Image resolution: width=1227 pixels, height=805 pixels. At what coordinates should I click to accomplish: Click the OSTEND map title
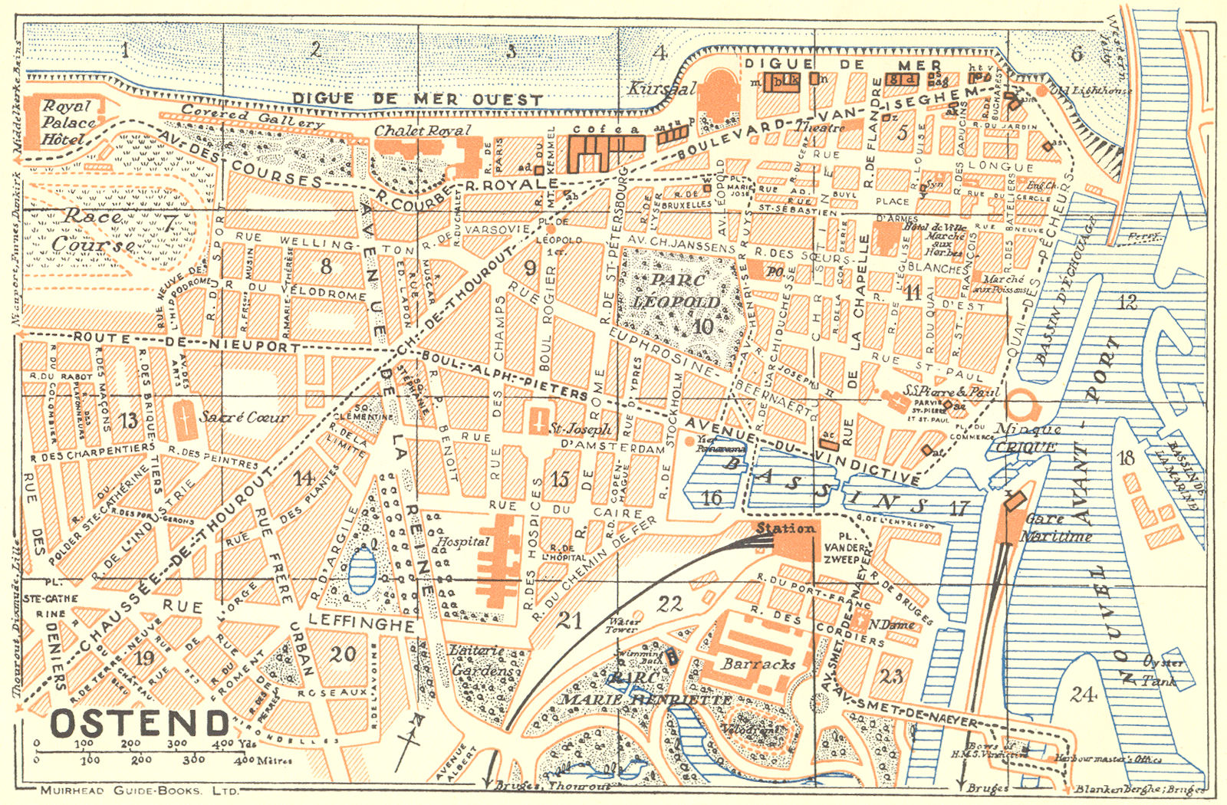(x=140, y=723)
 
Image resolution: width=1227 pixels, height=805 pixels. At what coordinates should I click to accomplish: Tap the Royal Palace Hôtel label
(x=69, y=123)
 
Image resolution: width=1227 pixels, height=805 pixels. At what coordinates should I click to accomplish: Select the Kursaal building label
(x=662, y=89)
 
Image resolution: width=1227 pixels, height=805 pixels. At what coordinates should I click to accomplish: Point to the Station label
(x=785, y=529)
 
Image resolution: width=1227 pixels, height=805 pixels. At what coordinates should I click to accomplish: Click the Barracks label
(x=758, y=665)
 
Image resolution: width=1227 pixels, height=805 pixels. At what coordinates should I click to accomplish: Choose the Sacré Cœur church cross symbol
(x=184, y=417)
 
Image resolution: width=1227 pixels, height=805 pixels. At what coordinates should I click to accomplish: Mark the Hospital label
(x=463, y=541)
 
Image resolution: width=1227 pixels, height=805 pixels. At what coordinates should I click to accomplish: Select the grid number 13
(x=129, y=420)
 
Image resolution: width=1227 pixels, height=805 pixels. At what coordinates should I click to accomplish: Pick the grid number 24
(x=1084, y=695)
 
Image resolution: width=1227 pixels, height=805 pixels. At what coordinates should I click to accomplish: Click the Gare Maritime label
(x=1057, y=527)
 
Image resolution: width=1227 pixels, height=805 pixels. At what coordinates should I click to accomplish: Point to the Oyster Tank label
(x=1163, y=671)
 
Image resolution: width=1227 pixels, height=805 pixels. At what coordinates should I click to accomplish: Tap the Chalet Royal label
(x=422, y=131)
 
